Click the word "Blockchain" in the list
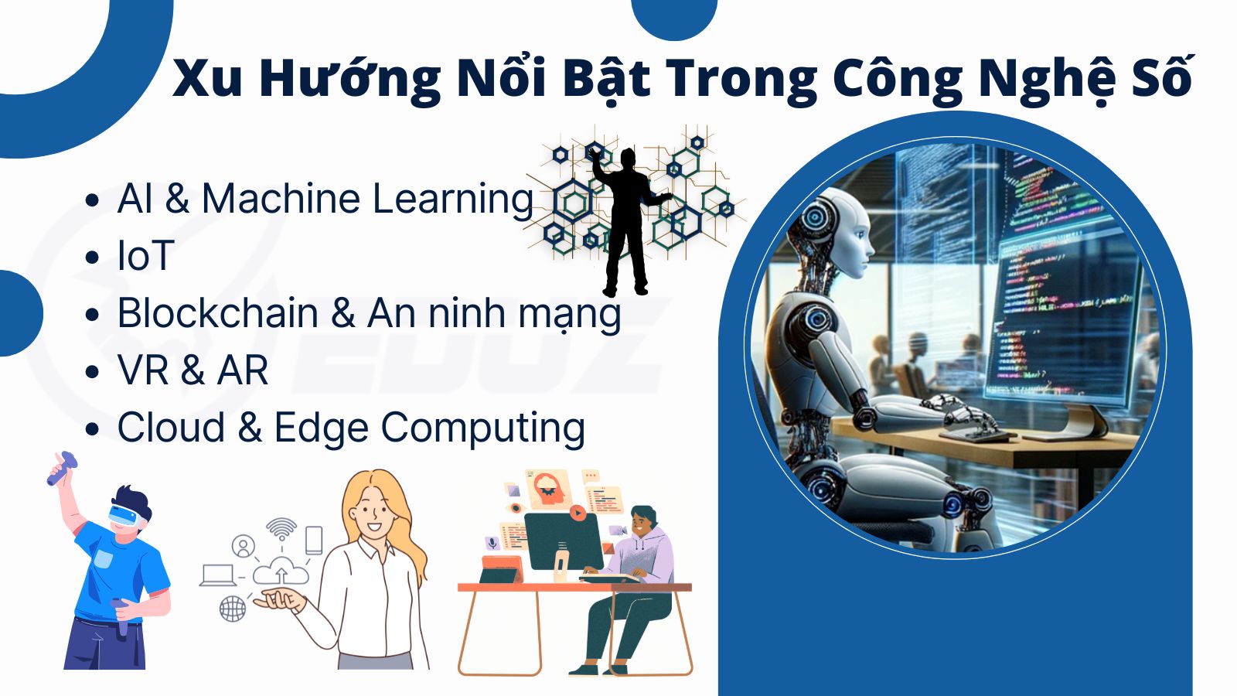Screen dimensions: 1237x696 coord(218,312)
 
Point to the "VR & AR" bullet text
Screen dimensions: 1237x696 coord(193,370)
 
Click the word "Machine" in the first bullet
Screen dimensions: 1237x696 coord(281,198)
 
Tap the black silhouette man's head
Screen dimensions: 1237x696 coord(628,159)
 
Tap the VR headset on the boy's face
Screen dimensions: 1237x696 coord(124,515)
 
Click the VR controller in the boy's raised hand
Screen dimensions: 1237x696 coord(61,469)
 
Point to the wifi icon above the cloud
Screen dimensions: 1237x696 coord(281,529)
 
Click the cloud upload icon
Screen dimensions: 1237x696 coord(281,571)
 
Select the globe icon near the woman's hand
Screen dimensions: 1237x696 coord(233,609)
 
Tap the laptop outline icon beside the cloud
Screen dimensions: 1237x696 coord(218,575)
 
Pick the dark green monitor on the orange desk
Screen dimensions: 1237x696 coord(564,541)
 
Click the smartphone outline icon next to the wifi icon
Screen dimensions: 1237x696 coord(314,540)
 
